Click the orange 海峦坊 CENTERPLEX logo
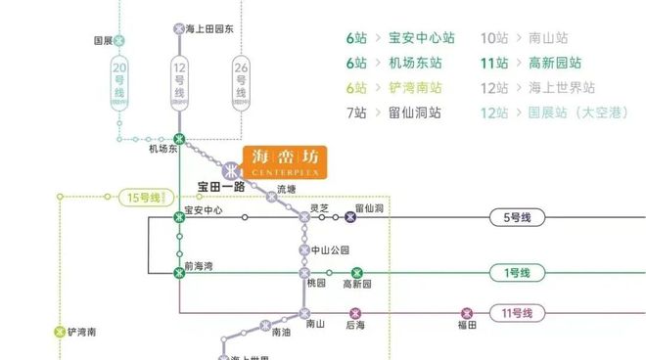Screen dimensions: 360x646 tap(285, 161)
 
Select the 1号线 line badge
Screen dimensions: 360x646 tap(516, 273)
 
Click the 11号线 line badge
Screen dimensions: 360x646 tap(516, 313)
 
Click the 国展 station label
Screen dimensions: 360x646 tap(104, 41)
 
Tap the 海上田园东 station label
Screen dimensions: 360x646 tap(210, 28)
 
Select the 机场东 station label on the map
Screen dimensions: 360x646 tap(163, 150)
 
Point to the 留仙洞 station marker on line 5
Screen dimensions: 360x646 tap(350, 217)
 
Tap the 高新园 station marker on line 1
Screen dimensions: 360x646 tap(356, 273)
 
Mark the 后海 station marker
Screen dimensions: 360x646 tap(354, 313)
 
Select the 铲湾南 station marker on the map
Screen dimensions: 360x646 tap(59, 332)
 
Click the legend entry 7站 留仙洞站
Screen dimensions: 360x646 tap(393, 112)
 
